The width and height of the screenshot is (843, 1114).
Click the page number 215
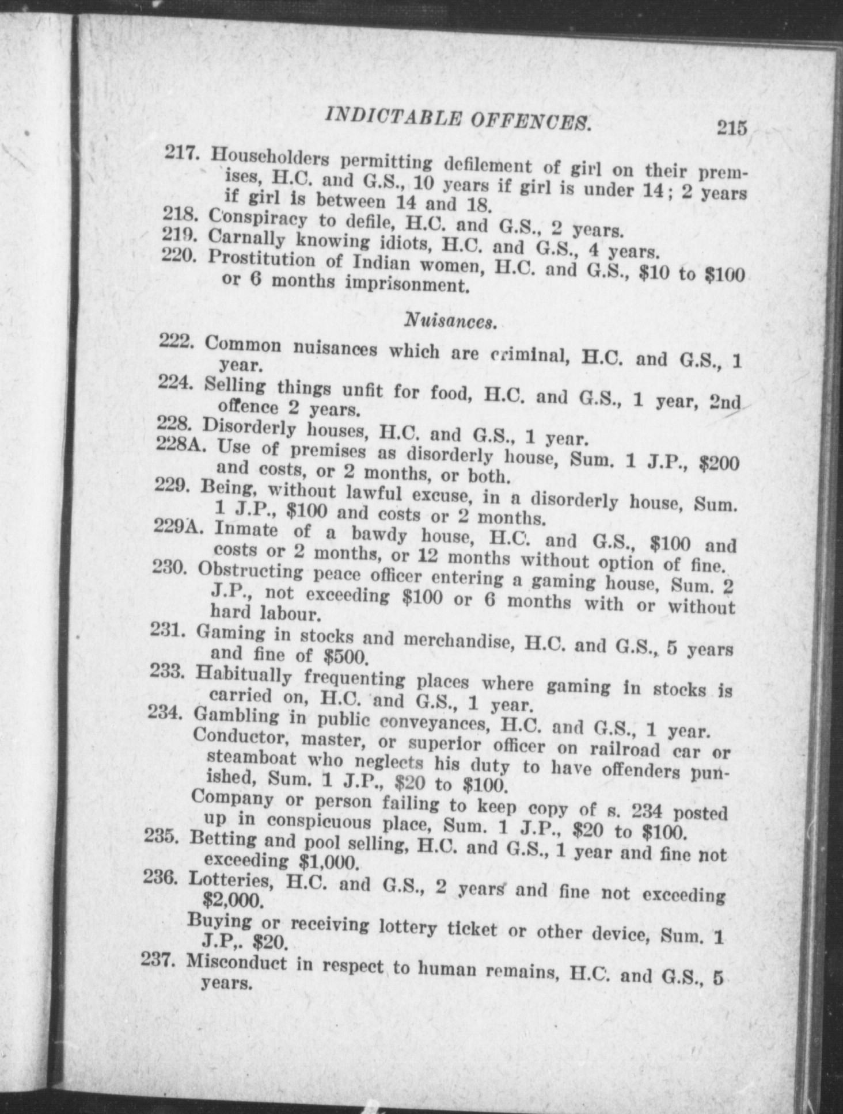[731, 127]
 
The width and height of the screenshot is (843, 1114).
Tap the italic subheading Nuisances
[450, 320]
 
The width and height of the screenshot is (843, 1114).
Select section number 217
[181, 152]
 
